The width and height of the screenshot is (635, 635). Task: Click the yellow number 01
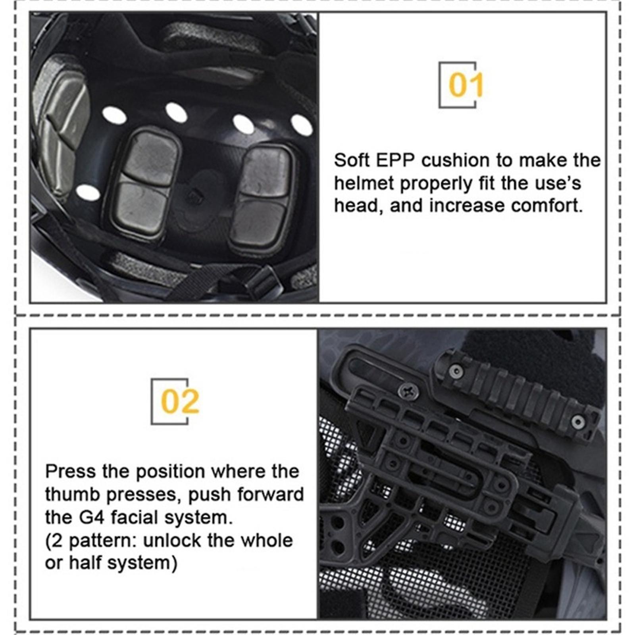pyautogui.click(x=466, y=85)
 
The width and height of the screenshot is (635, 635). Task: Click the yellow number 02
pyautogui.click(x=180, y=402)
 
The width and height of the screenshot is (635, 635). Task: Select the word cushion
pyautogui.click(x=456, y=160)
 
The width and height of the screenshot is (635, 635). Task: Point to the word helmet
pyautogui.click(x=364, y=183)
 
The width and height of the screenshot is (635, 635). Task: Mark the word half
pyautogui.click(x=85, y=563)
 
